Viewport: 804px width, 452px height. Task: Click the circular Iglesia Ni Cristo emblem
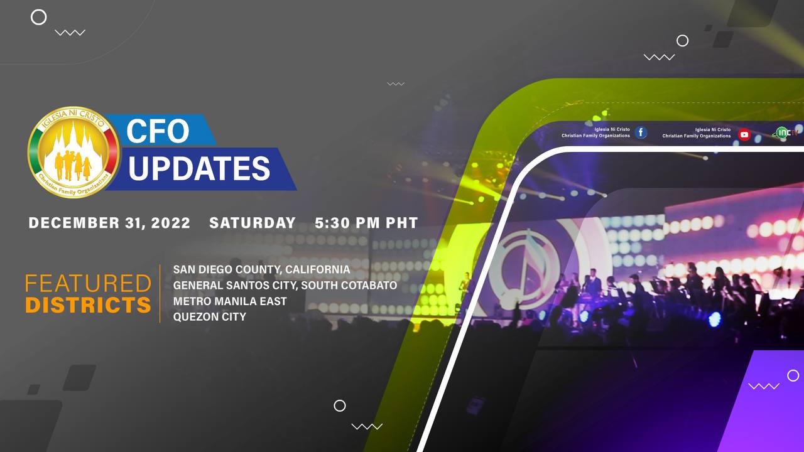[x=73, y=152]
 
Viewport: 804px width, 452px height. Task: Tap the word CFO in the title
[x=158, y=131]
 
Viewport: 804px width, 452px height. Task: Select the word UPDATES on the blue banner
[x=199, y=168]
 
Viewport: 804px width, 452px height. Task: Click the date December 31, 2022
[x=109, y=223]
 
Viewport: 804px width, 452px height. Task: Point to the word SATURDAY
[x=253, y=223]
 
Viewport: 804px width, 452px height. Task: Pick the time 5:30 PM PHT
[x=366, y=223]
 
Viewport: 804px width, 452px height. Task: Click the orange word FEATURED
[x=88, y=283]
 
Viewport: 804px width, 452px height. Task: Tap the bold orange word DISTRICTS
[x=88, y=305]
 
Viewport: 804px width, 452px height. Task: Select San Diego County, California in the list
[x=262, y=269]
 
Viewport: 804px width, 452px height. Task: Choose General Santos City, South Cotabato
[x=285, y=285]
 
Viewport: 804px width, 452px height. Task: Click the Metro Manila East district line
[x=230, y=301]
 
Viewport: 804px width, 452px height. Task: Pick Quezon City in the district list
[x=210, y=317]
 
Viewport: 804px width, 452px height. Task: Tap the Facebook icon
[x=641, y=132]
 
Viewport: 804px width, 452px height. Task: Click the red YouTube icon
[x=744, y=134]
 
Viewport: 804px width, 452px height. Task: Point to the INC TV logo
[x=785, y=132]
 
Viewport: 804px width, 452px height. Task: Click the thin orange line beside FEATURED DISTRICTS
[x=160, y=294]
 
